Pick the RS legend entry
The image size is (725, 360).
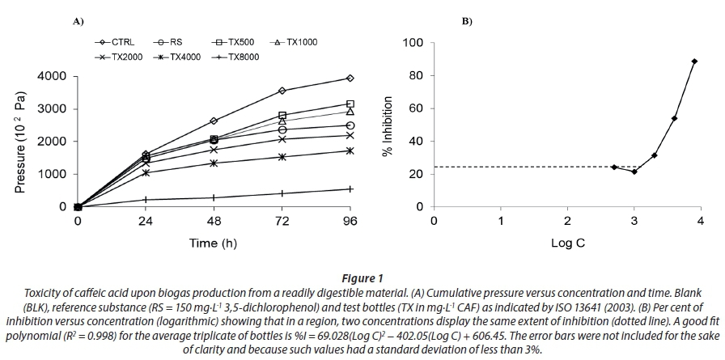pyautogui.click(x=172, y=40)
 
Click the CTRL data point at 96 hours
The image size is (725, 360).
pyautogui.click(x=350, y=78)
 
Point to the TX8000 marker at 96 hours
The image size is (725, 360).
pyautogui.click(x=350, y=189)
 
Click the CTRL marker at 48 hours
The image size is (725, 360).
pyautogui.click(x=214, y=121)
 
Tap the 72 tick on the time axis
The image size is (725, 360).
pyautogui.click(x=282, y=221)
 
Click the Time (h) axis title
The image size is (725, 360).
pyautogui.click(x=214, y=242)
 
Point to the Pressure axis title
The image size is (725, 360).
pyautogui.click(x=22, y=142)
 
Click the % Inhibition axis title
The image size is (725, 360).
pyautogui.click(x=388, y=126)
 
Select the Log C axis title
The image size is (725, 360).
pyautogui.click(x=567, y=242)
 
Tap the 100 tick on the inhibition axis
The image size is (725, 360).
pyautogui.click(x=413, y=43)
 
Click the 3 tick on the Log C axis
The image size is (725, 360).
pyautogui.click(x=634, y=221)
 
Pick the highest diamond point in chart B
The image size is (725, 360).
pyautogui.click(x=694, y=61)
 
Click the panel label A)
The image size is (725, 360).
pyautogui.click(x=79, y=20)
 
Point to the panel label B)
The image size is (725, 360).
pyautogui.click(x=467, y=20)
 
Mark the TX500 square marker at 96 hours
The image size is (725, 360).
pyautogui.click(x=350, y=104)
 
